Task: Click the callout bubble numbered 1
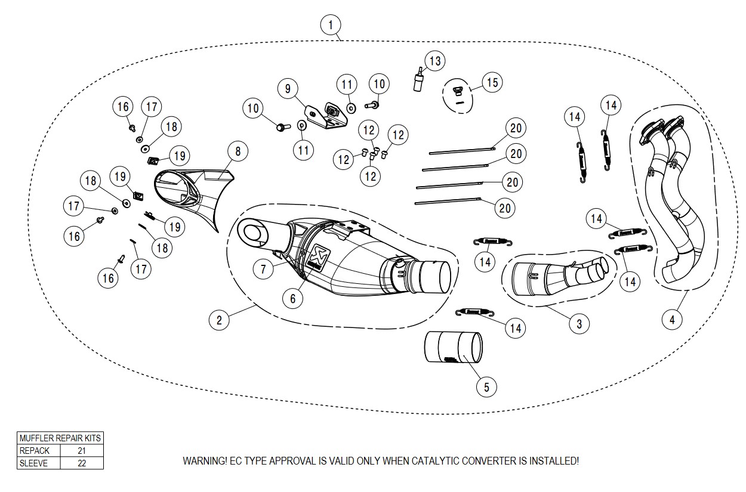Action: click(330, 25)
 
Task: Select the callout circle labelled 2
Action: click(219, 320)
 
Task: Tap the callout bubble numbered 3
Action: click(579, 324)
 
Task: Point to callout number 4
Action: click(672, 319)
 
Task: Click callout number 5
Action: click(486, 387)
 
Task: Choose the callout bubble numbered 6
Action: click(292, 299)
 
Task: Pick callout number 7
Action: click(263, 269)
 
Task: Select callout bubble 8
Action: click(238, 151)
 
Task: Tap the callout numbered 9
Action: click(288, 89)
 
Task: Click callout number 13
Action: click(434, 60)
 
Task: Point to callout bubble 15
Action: click(492, 82)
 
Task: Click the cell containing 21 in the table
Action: click(82, 451)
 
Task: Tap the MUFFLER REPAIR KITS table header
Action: click(60, 438)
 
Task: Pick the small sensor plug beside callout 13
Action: click(419, 81)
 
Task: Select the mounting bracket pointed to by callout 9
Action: click(325, 116)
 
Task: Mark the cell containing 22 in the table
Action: click(82, 463)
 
